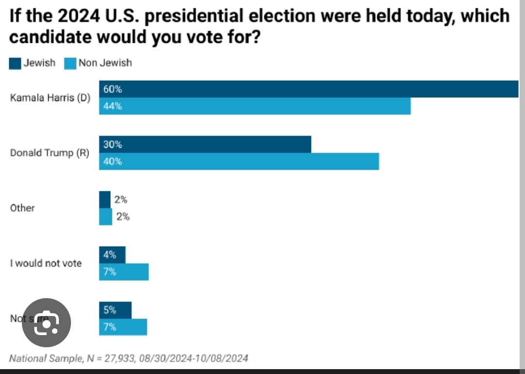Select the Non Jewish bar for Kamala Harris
click(255, 106)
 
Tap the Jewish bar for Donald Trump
click(205, 144)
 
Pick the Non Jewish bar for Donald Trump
click(239, 161)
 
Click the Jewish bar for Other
click(105, 199)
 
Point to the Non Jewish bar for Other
click(105, 217)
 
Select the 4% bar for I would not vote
click(112, 255)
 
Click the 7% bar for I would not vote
click(124, 272)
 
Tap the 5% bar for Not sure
click(115, 310)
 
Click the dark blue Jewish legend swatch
click(15, 63)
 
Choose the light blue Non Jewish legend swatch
click(70, 63)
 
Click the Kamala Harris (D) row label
click(50, 97)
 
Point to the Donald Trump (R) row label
click(50, 153)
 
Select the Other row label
click(22, 208)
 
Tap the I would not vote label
click(46, 264)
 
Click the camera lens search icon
click(47, 322)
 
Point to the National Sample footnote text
click(129, 358)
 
